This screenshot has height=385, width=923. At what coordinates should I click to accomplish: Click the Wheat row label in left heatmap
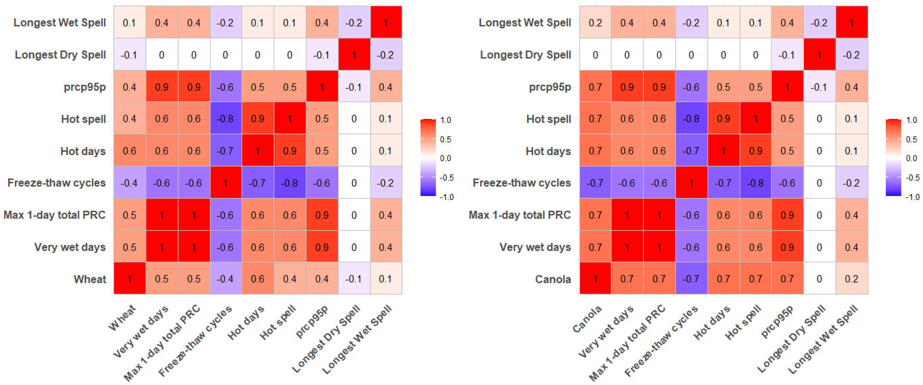tap(90, 279)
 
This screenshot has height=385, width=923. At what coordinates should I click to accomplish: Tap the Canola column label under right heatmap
tap(587, 319)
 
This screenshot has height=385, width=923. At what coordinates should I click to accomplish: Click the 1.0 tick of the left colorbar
tap(445, 120)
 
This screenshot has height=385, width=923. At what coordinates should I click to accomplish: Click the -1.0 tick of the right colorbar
tap(912, 197)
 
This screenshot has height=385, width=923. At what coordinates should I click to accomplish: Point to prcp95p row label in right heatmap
tap(550, 87)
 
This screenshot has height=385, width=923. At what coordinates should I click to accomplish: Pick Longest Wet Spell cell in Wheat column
tap(129, 23)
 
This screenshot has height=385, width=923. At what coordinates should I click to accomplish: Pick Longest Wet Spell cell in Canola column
tap(595, 23)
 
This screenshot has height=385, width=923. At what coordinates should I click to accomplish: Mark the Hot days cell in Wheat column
tap(129, 151)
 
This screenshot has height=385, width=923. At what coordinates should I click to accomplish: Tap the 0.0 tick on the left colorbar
tap(445, 158)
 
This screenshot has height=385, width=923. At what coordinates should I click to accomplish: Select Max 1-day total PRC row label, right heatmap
tap(520, 215)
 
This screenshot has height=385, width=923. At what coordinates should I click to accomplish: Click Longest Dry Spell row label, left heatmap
tap(60, 55)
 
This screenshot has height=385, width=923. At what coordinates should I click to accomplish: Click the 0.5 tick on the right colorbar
tap(911, 139)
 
